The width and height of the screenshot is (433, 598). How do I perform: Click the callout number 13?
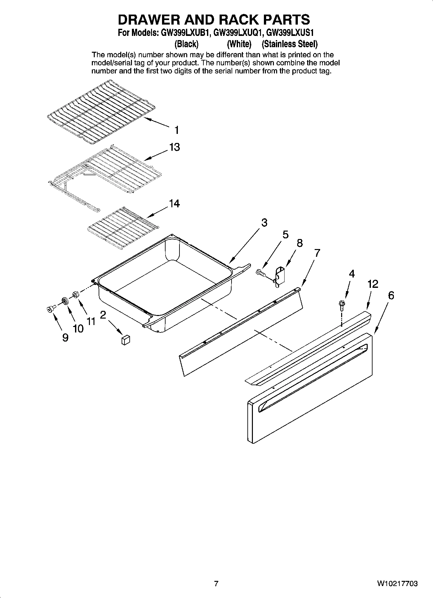pos(174,147)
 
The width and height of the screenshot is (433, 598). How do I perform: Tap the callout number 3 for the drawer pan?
pos(264,223)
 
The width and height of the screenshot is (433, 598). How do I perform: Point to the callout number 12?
pos(373,284)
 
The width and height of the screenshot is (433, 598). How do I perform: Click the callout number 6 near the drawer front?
pos(391,296)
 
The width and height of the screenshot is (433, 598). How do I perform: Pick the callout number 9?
pos(65,338)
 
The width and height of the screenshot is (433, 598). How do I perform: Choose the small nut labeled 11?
pos(76,295)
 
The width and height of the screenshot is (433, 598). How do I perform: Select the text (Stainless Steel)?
pos(289,44)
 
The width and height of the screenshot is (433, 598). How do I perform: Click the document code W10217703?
pos(397,584)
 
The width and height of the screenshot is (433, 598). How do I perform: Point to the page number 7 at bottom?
pos(216,584)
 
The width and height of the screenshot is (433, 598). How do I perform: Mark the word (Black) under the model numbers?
pos(186,44)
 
